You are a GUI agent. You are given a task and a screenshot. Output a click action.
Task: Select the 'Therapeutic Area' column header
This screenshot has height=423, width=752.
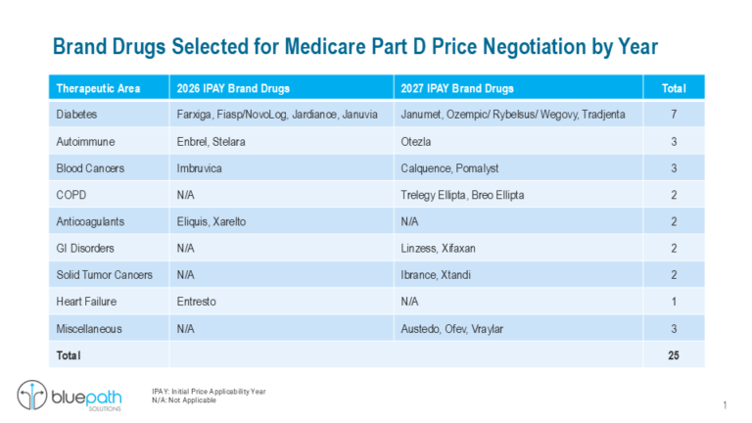[98, 88]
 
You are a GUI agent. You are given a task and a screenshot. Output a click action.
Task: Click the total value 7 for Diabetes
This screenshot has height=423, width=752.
[673, 115]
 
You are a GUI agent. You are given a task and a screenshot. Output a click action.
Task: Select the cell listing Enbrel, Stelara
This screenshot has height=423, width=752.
[211, 142]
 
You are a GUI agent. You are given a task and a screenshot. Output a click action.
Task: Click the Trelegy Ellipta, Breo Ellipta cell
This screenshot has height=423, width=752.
[462, 195]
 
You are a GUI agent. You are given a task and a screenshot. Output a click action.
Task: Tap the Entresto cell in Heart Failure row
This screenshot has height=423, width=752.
[198, 302]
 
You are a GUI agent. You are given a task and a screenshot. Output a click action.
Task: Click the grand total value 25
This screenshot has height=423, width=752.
[673, 354]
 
